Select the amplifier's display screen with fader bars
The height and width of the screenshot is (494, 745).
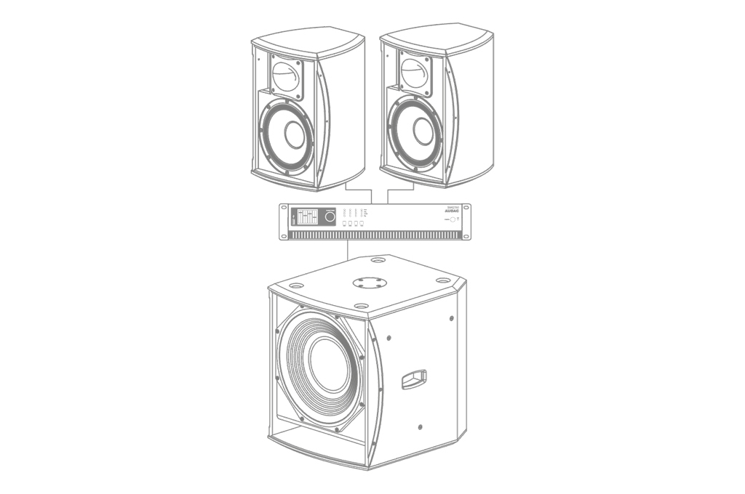click(307, 216)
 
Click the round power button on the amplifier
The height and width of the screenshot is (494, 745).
click(453, 219)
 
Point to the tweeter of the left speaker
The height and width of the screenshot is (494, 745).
click(287, 76)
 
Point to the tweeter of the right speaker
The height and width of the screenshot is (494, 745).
click(415, 74)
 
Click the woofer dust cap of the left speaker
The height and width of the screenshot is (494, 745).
click(294, 135)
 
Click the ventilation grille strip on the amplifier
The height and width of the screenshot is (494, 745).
click(378, 235)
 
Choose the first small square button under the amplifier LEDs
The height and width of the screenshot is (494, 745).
click(343, 224)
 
